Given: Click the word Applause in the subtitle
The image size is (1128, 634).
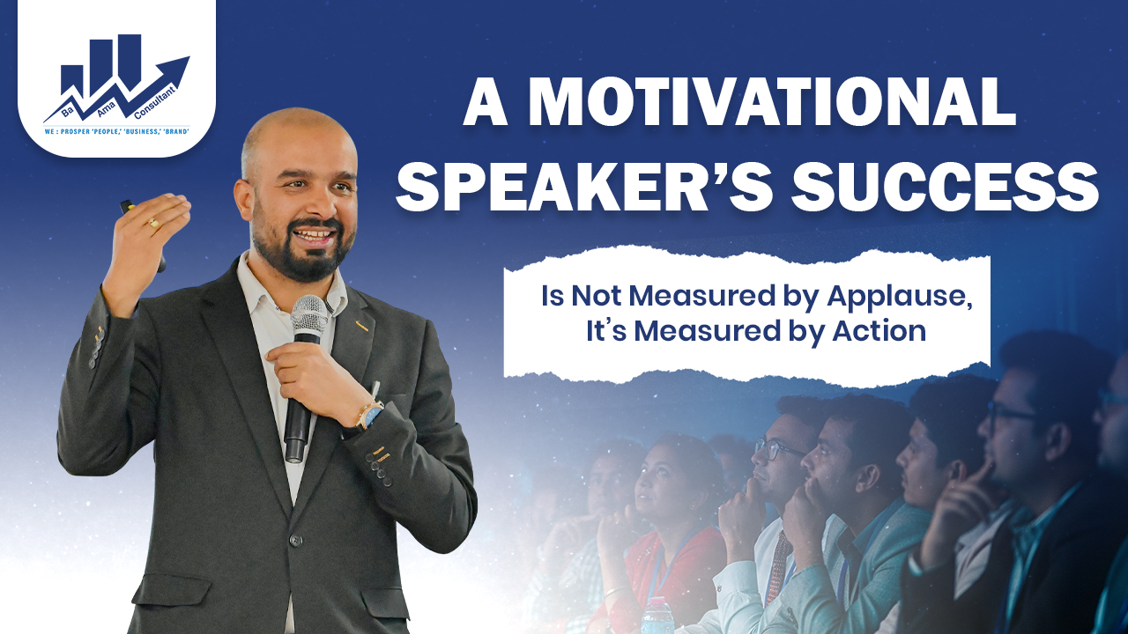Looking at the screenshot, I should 898,296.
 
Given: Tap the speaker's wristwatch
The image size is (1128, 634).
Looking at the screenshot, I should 371,414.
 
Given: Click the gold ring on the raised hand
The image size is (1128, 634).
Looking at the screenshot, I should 153,224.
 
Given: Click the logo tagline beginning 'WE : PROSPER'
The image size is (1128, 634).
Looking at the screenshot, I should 115,133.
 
